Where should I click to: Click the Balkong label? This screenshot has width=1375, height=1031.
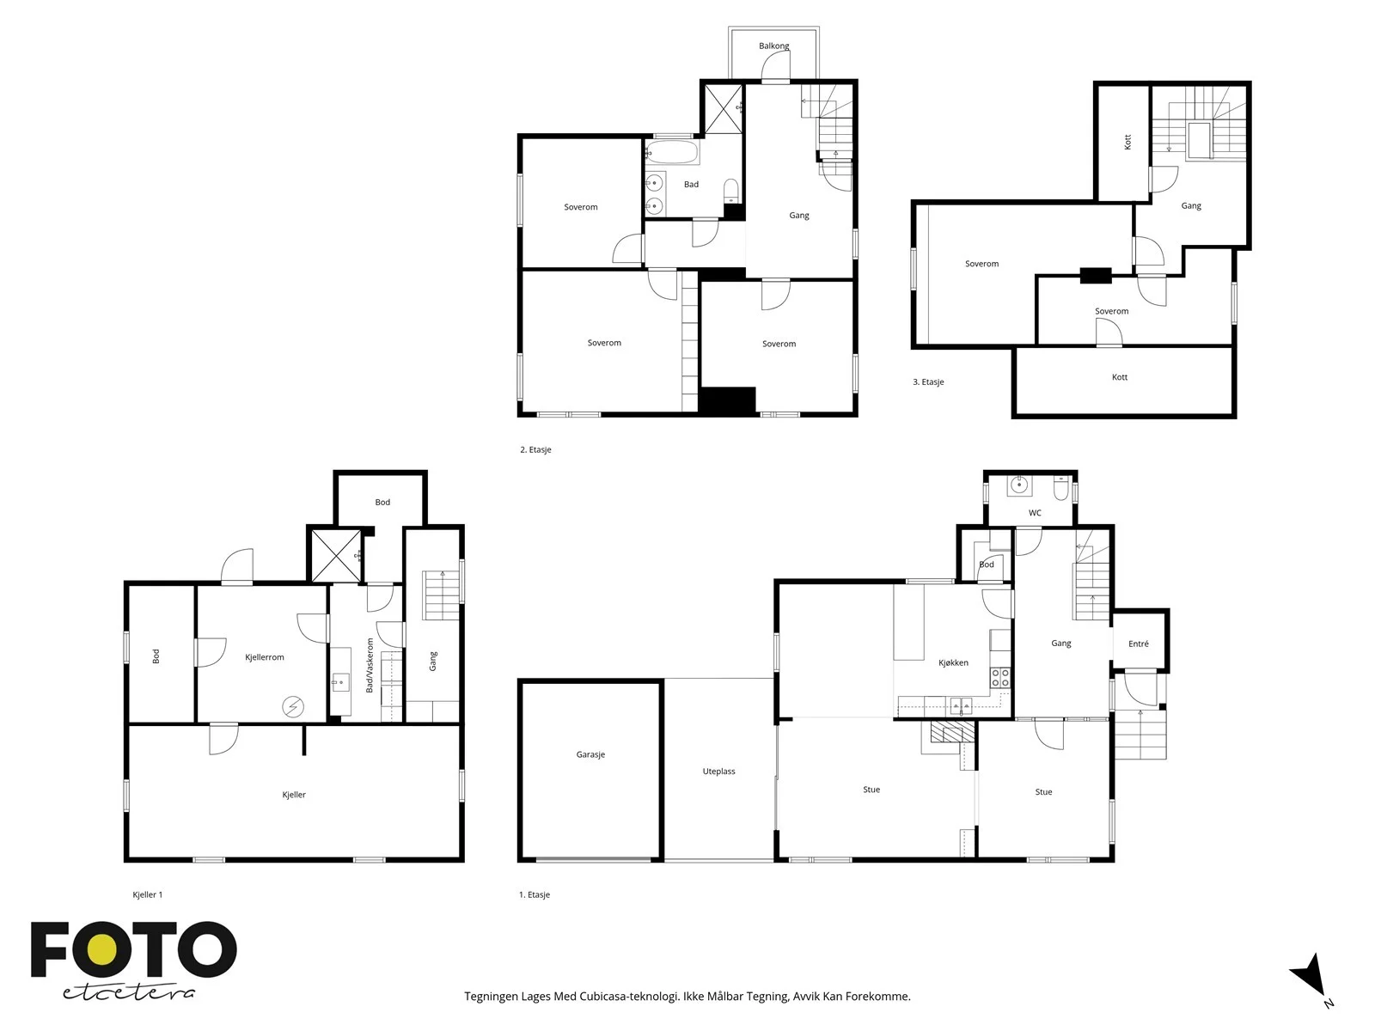click(773, 46)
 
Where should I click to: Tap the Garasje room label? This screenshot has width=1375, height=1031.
click(590, 754)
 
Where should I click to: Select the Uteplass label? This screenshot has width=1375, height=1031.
click(718, 772)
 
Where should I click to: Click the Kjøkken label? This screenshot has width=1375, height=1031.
click(953, 662)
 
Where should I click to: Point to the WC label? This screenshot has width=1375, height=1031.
click(1035, 513)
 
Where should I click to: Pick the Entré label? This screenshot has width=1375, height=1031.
click(1138, 644)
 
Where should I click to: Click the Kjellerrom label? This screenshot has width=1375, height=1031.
click(265, 656)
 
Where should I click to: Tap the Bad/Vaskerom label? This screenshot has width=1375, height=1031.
click(369, 665)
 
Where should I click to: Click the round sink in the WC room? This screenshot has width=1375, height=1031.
click(1020, 485)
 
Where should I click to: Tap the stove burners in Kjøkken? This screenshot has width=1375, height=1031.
click(999, 677)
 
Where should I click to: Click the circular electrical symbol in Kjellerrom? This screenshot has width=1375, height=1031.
click(292, 707)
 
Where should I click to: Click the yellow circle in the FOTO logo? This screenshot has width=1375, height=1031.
click(101, 949)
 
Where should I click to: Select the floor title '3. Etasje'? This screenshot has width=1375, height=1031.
click(928, 381)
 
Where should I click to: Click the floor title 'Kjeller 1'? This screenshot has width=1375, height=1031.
click(147, 894)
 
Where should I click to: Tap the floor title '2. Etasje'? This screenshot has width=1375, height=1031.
click(535, 449)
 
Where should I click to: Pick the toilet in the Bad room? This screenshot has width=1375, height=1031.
click(731, 190)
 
